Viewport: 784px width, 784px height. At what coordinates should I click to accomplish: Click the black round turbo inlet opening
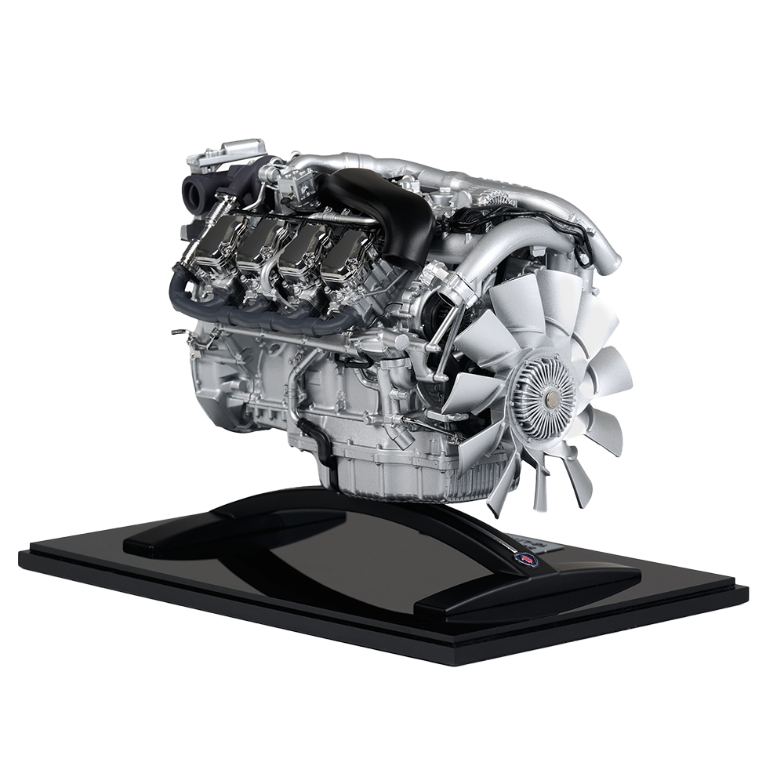[194, 188]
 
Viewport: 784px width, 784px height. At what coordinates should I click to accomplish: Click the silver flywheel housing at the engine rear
[208, 384]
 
